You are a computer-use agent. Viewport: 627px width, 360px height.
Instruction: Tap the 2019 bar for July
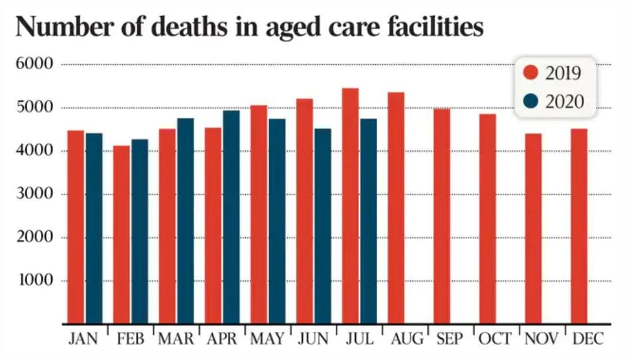tap(350, 206)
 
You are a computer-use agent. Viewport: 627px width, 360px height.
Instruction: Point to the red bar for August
tap(396, 208)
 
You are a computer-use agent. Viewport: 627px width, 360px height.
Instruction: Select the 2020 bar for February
tap(140, 231)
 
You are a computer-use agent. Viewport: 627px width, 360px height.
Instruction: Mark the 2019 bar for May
tap(258, 215)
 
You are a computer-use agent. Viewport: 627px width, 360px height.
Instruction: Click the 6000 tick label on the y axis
tap(33, 64)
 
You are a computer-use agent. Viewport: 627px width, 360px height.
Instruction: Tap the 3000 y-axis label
tap(33, 194)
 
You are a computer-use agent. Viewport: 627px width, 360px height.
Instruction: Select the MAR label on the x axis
tap(175, 339)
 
